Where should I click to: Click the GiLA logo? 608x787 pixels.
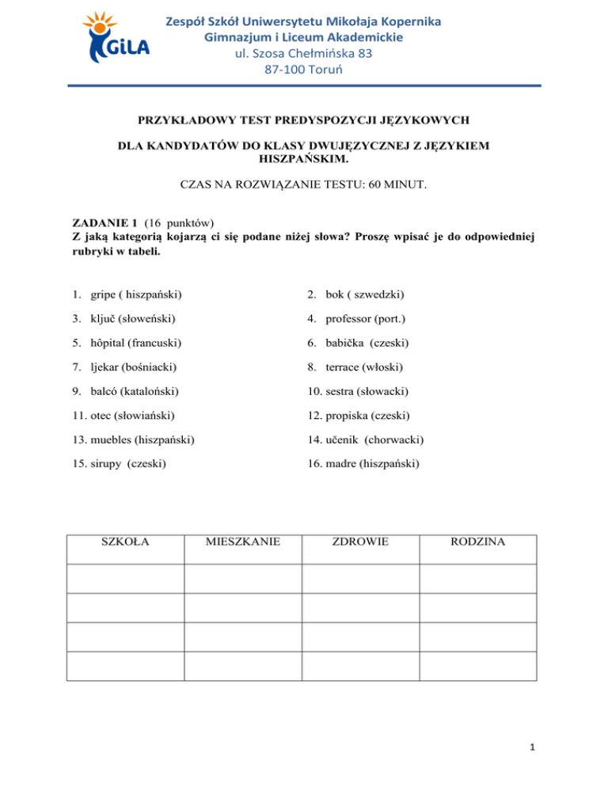[x=117, y=38]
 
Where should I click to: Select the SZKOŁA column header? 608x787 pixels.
[x=125, y=542]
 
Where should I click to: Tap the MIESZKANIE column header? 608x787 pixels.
[x=243, y=542]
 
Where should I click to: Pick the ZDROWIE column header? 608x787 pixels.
[x=361, y=542]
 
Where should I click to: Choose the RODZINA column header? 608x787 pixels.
[x=478, y=542]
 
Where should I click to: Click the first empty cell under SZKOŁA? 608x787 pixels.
[x=125, y=576]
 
